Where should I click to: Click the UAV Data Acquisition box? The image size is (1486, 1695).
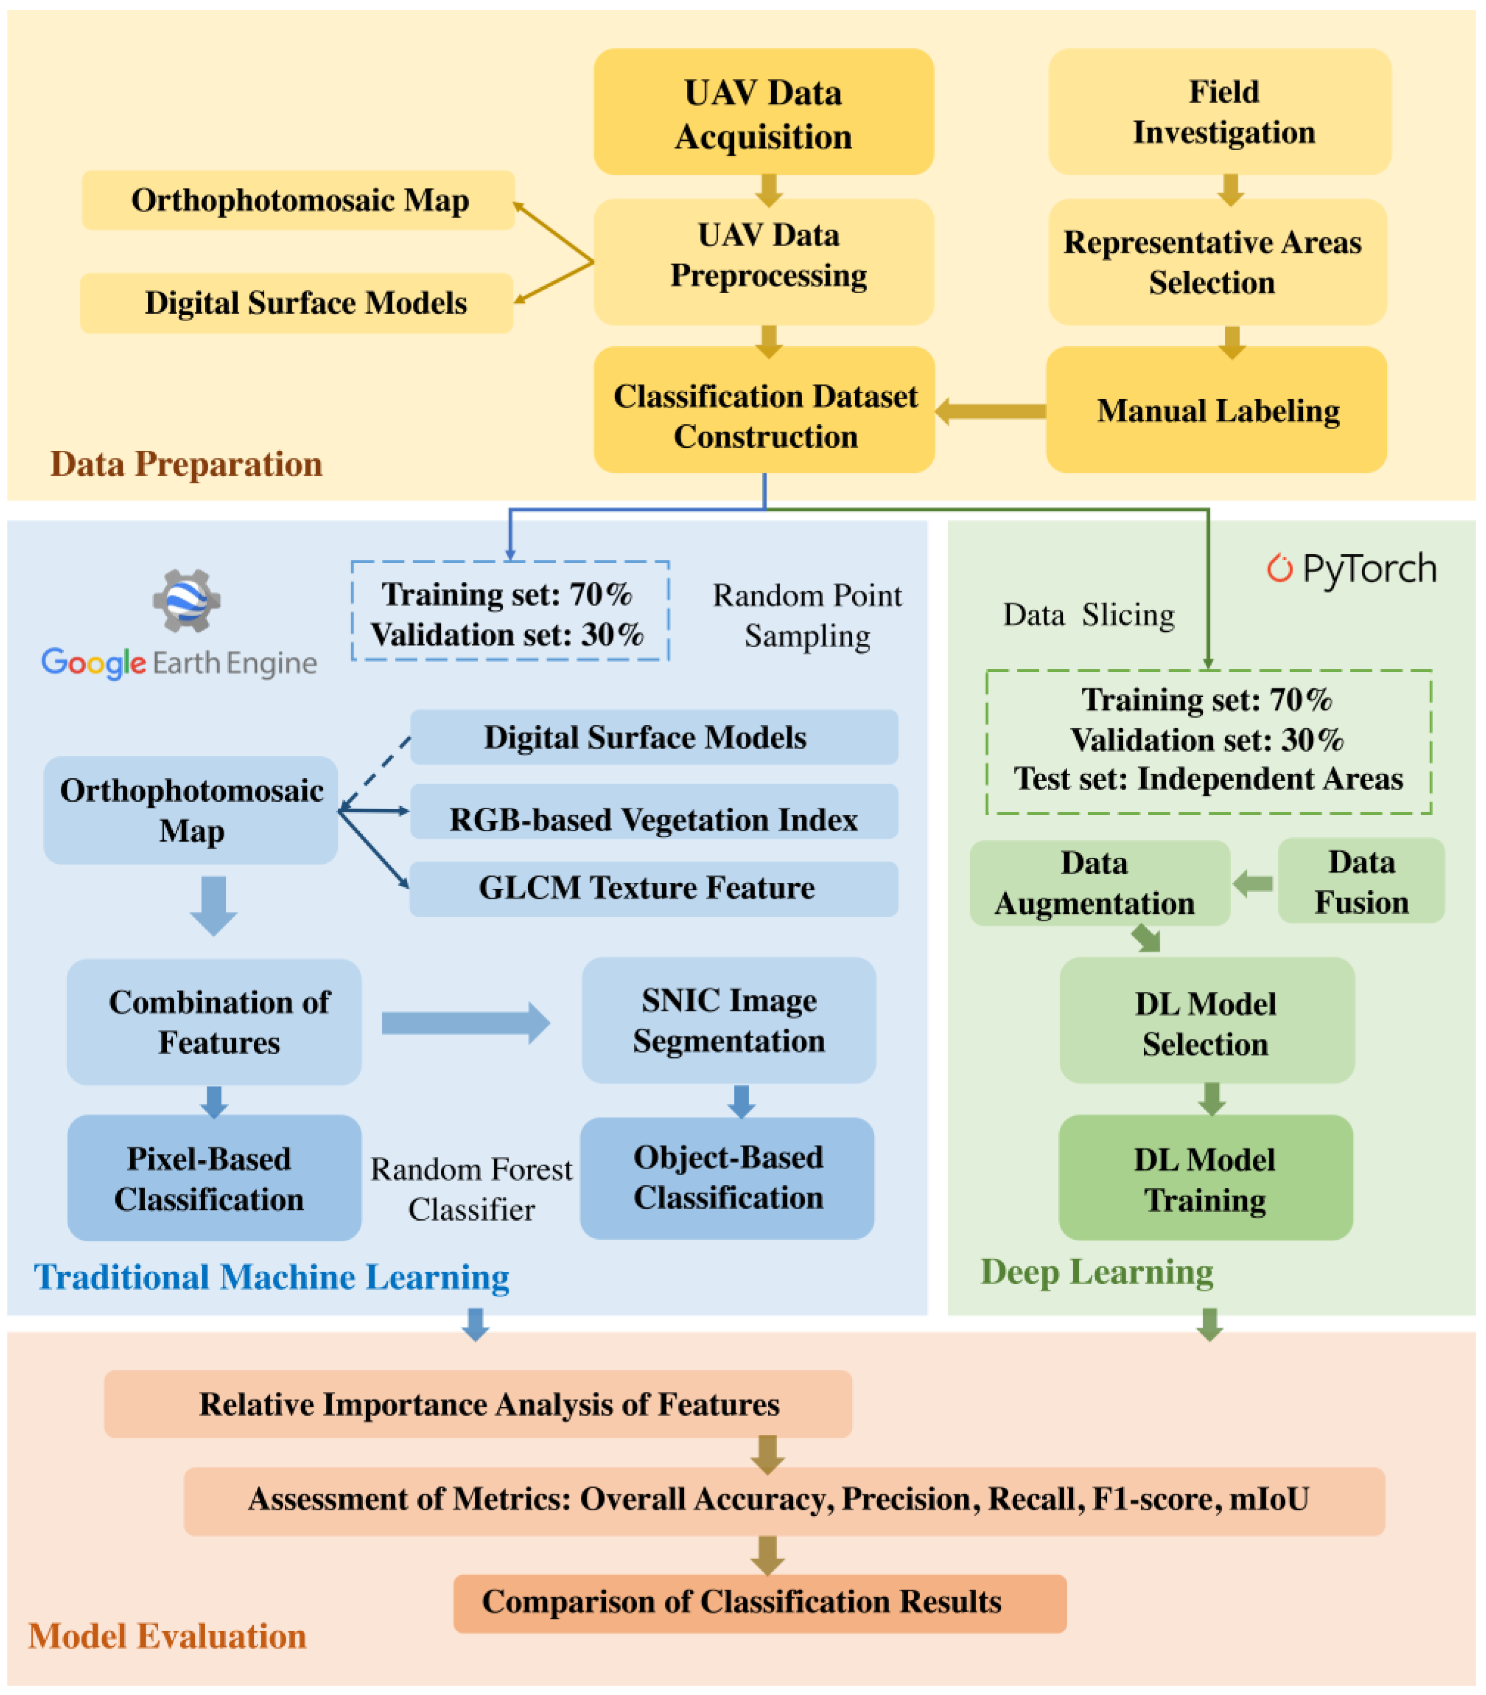[x=763, y=112]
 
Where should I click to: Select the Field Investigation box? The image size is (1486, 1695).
[x=1219, y=112]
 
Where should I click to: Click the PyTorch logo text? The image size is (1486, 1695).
[x=1368, y=570]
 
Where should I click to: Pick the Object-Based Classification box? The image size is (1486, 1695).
[x=727, y=1177]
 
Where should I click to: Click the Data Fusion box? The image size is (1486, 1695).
[x=1361, y=881]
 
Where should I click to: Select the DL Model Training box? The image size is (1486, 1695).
[x=1205, y=1177]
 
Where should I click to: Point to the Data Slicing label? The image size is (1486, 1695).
[x=1088, y=614]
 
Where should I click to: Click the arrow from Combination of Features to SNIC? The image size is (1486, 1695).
[x=464, y=1022]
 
